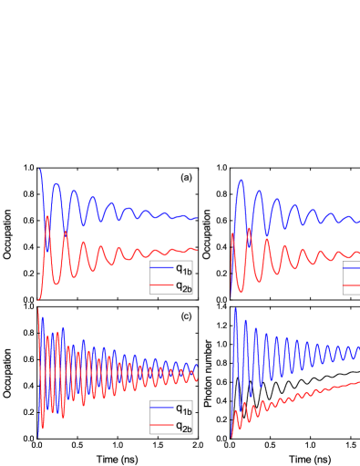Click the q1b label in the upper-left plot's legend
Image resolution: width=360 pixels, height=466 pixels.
click(183, 269)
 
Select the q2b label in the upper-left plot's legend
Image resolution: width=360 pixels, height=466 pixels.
click(183, 285)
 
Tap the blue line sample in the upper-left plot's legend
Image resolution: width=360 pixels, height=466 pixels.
click(162, 269)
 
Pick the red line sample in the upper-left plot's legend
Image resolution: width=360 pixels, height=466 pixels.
click(162, 285)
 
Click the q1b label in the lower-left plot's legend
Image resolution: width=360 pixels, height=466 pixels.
click(183, 409)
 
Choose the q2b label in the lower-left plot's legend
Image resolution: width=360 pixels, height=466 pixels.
click(183, 426)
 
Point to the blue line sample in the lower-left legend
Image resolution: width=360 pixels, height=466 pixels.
click(162, 409)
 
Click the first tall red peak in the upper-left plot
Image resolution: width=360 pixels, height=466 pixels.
click(47, 217)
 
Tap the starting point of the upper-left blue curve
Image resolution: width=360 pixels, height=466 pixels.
click(39, 170)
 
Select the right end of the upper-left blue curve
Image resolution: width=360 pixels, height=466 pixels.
click(198, 218)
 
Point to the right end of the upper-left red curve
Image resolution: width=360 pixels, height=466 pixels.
click(198, 250)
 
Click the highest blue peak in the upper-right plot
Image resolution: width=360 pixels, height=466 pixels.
click(241, 181)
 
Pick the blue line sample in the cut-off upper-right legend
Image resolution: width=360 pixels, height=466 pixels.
click(352, 269)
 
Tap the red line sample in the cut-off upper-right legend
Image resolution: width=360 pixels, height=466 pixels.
click(352, 285)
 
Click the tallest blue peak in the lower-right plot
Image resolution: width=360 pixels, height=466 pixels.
click(235, 310)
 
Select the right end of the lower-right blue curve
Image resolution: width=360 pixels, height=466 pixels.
click(359, 348)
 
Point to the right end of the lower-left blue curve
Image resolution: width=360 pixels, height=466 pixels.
click(198, 365)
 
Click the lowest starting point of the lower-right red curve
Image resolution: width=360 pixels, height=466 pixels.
click(231, 436)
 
